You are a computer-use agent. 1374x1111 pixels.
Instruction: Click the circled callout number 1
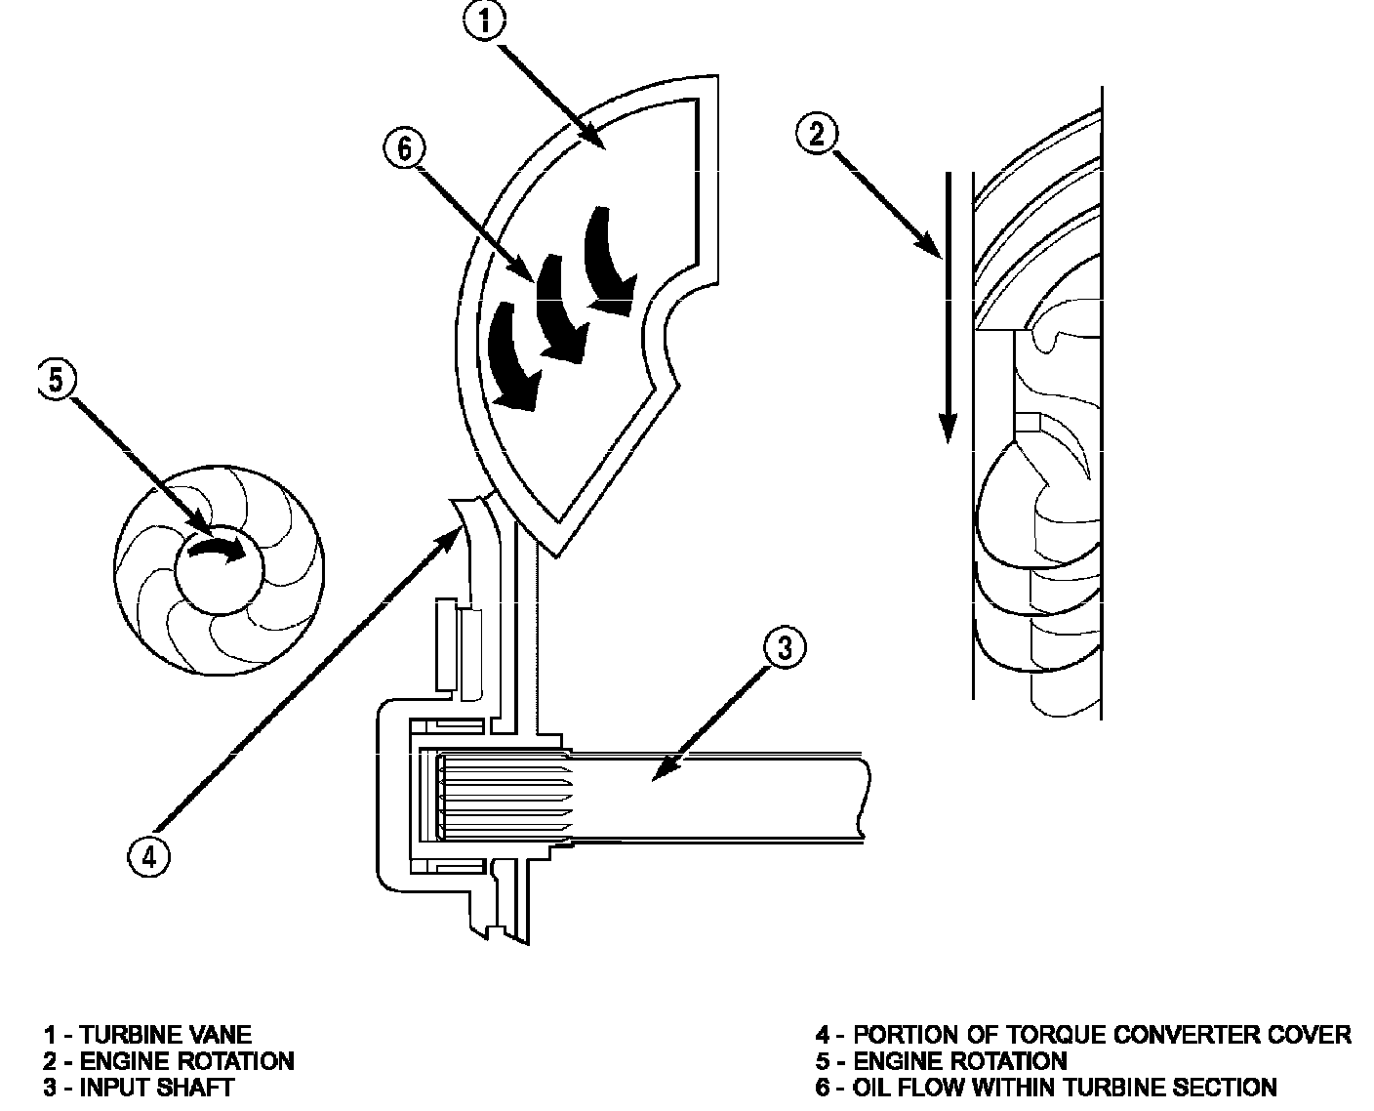click(x=484, y=20)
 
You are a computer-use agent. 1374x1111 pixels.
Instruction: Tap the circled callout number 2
click(x=816, y=135)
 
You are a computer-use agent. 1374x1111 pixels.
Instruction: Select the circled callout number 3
click(x=785, y=647)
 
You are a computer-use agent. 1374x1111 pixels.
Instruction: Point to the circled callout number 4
click(x=149, y=857)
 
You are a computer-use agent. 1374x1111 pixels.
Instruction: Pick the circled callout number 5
click(x=57, y=380)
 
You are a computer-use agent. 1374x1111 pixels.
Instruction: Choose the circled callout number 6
click(x=404, y=148)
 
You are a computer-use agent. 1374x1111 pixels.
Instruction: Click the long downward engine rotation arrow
click(x=948, y=308)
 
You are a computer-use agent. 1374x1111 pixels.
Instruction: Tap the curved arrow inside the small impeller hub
click(x=216, y=551)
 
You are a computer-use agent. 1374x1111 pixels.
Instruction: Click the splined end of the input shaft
click(x=505, y=797)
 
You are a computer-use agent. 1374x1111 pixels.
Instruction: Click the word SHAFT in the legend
click(x=195, y=1088)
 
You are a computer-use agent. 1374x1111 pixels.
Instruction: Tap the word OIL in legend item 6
click(x=870, y=1088)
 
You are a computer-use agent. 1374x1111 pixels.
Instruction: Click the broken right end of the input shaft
click(x=863, y=797)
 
